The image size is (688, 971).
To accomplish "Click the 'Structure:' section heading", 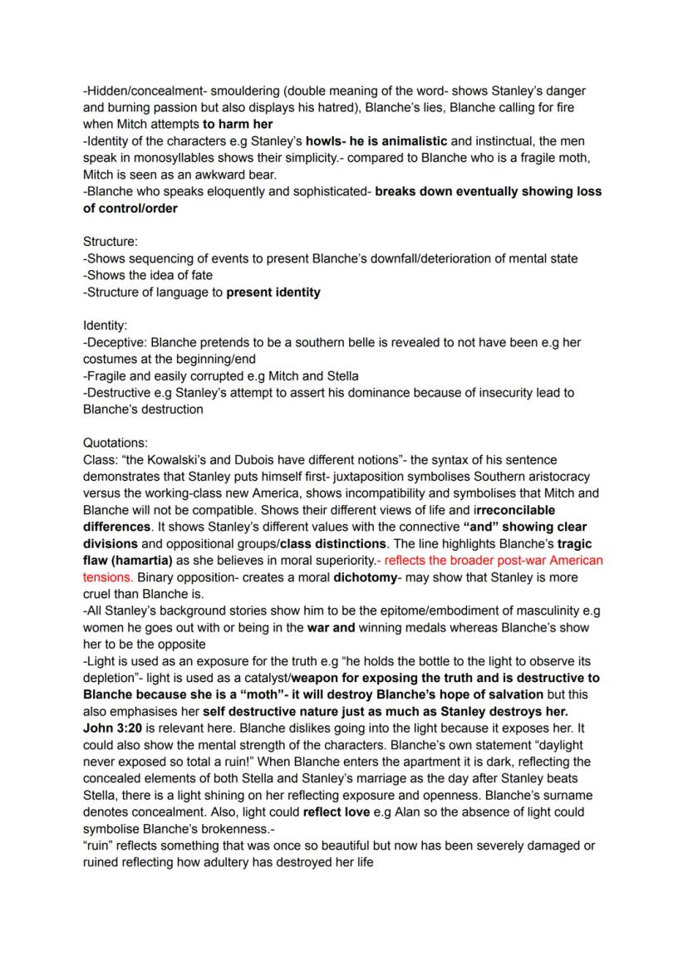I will [x=111, y=242].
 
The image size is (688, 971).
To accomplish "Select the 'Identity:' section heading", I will [x=106, y=326].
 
